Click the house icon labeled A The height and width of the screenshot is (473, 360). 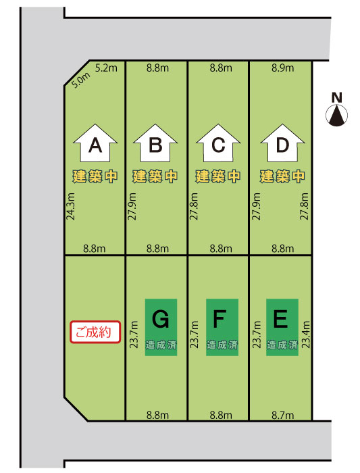[95, 143]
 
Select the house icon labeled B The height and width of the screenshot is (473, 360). [155, 143]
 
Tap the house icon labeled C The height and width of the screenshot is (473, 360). [218, 143]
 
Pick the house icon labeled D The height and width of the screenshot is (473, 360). [282, 143]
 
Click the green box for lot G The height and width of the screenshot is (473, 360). [161, 327]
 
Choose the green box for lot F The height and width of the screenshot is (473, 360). [222, 327]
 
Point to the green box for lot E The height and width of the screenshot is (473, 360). [282, 327]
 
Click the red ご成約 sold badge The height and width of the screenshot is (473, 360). [95, 332]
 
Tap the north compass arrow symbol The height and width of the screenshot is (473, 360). [337, 115]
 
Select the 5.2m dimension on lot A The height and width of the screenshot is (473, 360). [106, 68]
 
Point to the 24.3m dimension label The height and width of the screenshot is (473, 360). [70, 206]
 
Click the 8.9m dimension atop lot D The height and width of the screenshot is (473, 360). [282, 68]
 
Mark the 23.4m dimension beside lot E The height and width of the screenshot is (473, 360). [306, 334]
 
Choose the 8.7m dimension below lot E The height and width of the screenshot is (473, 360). [282, 416]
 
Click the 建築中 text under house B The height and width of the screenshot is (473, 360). [155, 176]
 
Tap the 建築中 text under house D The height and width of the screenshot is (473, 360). [282, 176]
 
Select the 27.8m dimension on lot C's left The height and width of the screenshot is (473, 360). [194, 206]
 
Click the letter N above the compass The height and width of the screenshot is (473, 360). [337, 98]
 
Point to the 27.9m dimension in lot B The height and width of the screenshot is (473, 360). [132, 206]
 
